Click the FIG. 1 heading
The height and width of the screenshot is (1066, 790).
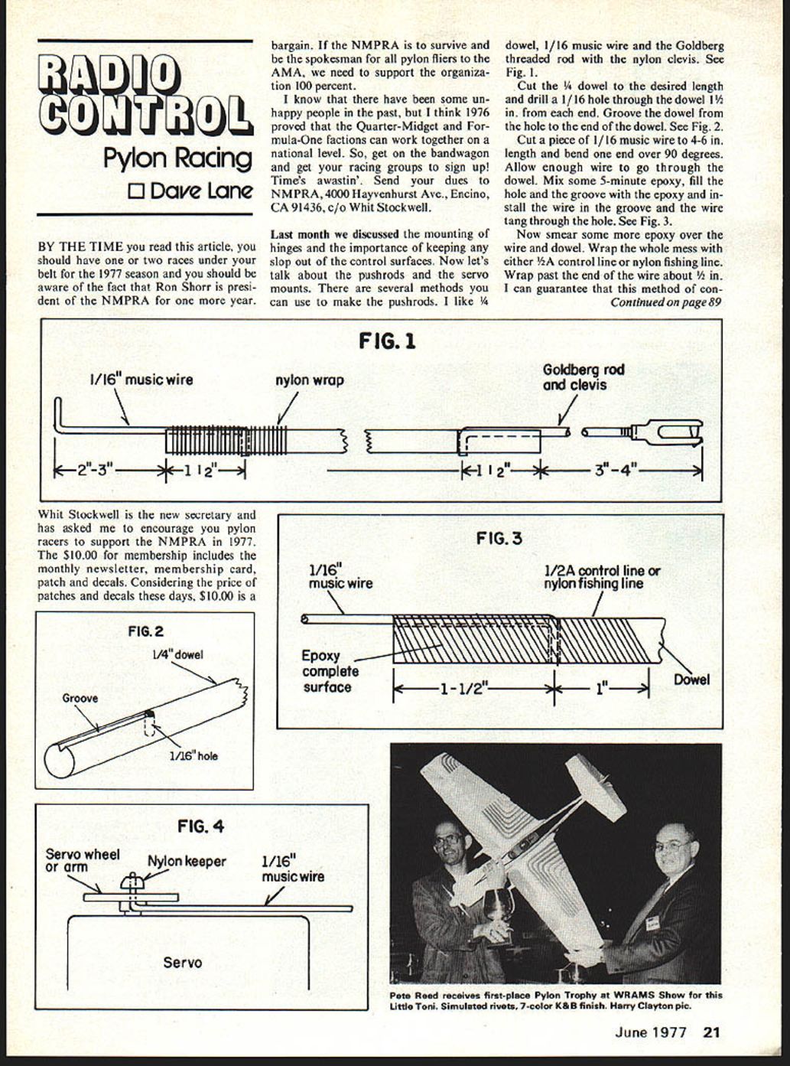(387, 341)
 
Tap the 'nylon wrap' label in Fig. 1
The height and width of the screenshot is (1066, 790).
(309, 380)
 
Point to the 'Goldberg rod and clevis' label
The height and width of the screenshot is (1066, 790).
(583, 377)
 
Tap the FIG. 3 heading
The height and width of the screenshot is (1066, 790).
(499, 539)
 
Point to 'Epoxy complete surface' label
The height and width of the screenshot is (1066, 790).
(330, 671)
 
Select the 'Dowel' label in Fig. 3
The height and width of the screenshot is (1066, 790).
(691, 680)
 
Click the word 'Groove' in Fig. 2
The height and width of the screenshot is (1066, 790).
(80, 698)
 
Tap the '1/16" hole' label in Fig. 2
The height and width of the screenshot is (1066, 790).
(193, 756)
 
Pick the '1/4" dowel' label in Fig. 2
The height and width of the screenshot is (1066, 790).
(177, 655)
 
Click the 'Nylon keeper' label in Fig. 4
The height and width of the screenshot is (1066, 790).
(187, 862)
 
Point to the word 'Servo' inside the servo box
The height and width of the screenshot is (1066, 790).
(183, 962)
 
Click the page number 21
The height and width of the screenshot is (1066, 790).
(711, 1032)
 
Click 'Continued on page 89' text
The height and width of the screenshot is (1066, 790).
(665, 302)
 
